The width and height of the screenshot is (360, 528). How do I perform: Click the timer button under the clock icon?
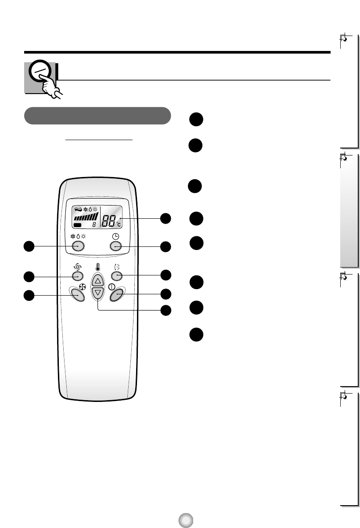click(x=115, y=247)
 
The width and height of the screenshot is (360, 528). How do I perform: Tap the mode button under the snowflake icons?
click(x=78, y=247)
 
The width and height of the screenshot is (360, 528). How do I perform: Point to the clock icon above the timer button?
click(x=115, y=236)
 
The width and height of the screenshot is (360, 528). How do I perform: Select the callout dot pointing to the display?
click(x=165, y=218)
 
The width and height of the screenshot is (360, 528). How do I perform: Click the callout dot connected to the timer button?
click(x=165, y=247)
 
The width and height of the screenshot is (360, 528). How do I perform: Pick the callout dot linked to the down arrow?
click(x=165, y=310)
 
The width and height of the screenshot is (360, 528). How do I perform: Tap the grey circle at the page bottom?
click(x=186, y=521)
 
